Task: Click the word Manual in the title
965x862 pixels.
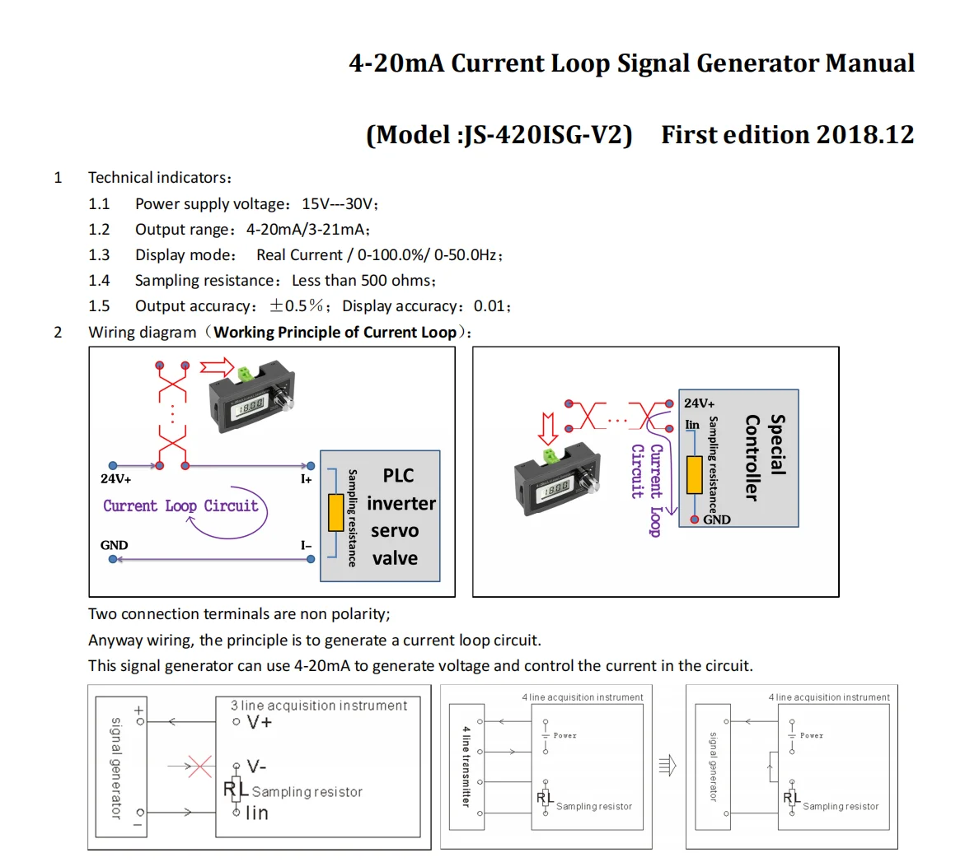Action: pyautogui.click(x=869, y=63)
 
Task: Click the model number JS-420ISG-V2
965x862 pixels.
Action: pyautogui.click(x=544, y=134)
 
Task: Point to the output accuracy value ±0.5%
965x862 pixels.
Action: pyautogui.click(x=297, y=305)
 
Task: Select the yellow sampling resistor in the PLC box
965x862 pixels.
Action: pyautogui.click(x=335, y=512)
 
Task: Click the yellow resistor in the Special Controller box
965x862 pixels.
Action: pyautogui.click(x=694, y=475)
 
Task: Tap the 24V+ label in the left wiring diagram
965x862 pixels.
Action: pyautogui.click(x=116, y=479)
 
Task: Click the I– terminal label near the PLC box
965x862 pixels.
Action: pyautogui.click(x=306, y=545)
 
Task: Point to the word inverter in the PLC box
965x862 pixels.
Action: pyautogui.click(x=401, y=503)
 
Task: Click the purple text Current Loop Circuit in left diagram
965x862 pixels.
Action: pyautogui.click(x=180, y=506)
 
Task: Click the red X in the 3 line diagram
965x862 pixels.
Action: pyautogui.click(x=199, y=766)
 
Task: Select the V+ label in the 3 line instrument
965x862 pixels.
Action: pyautogui.click(x=259, y=722)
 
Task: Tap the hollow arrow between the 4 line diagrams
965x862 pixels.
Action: pyautogui.click(x=668, y=766)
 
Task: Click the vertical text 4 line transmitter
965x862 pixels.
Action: pyautogui.click(x=466, y=766)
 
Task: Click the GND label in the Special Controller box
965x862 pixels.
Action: pyautogui.click(x=716, y=520)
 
